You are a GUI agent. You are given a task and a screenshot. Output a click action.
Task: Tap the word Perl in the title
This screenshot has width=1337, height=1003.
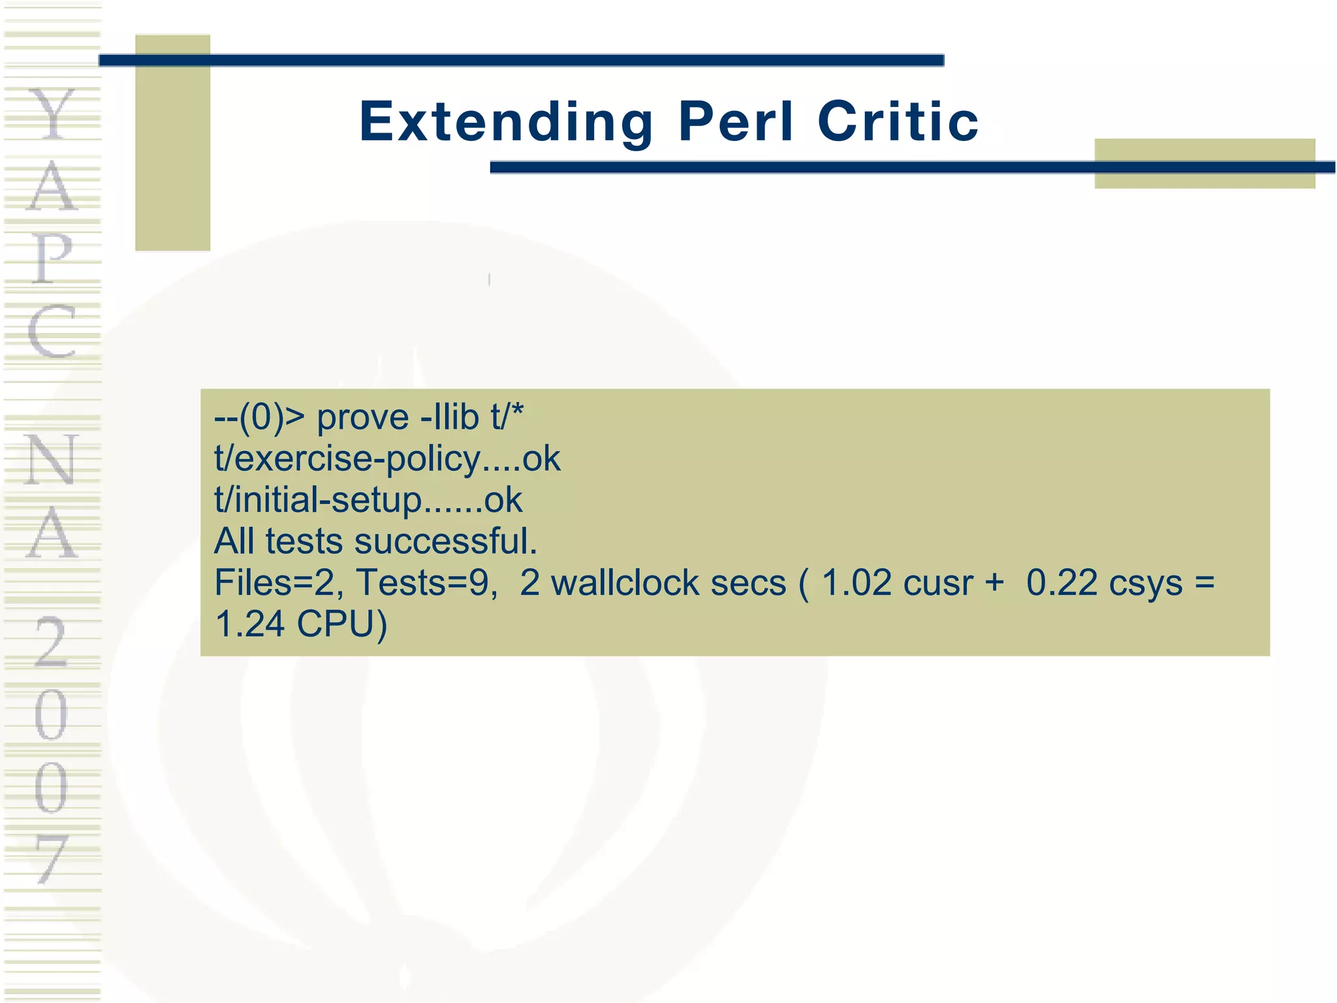[736, 122]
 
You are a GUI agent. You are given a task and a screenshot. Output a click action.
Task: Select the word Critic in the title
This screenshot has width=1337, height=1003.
[898, 122]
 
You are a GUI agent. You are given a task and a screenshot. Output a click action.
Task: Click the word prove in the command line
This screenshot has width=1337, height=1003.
[362, 418]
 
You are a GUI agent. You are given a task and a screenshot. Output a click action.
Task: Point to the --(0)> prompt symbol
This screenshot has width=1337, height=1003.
[259, 418]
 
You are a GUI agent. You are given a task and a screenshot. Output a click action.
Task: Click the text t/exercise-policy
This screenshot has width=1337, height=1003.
[347, 459]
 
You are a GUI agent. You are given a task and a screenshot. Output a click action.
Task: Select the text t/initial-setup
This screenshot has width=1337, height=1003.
[318, 500]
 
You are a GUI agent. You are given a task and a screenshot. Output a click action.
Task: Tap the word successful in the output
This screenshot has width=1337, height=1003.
[445, 541]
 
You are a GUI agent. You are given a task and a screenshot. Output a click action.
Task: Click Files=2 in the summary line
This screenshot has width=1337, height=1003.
[279, 582]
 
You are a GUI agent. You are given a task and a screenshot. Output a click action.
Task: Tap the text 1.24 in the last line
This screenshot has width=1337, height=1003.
[249, 624]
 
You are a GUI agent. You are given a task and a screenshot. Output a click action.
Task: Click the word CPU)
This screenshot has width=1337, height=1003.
[341, 624]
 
